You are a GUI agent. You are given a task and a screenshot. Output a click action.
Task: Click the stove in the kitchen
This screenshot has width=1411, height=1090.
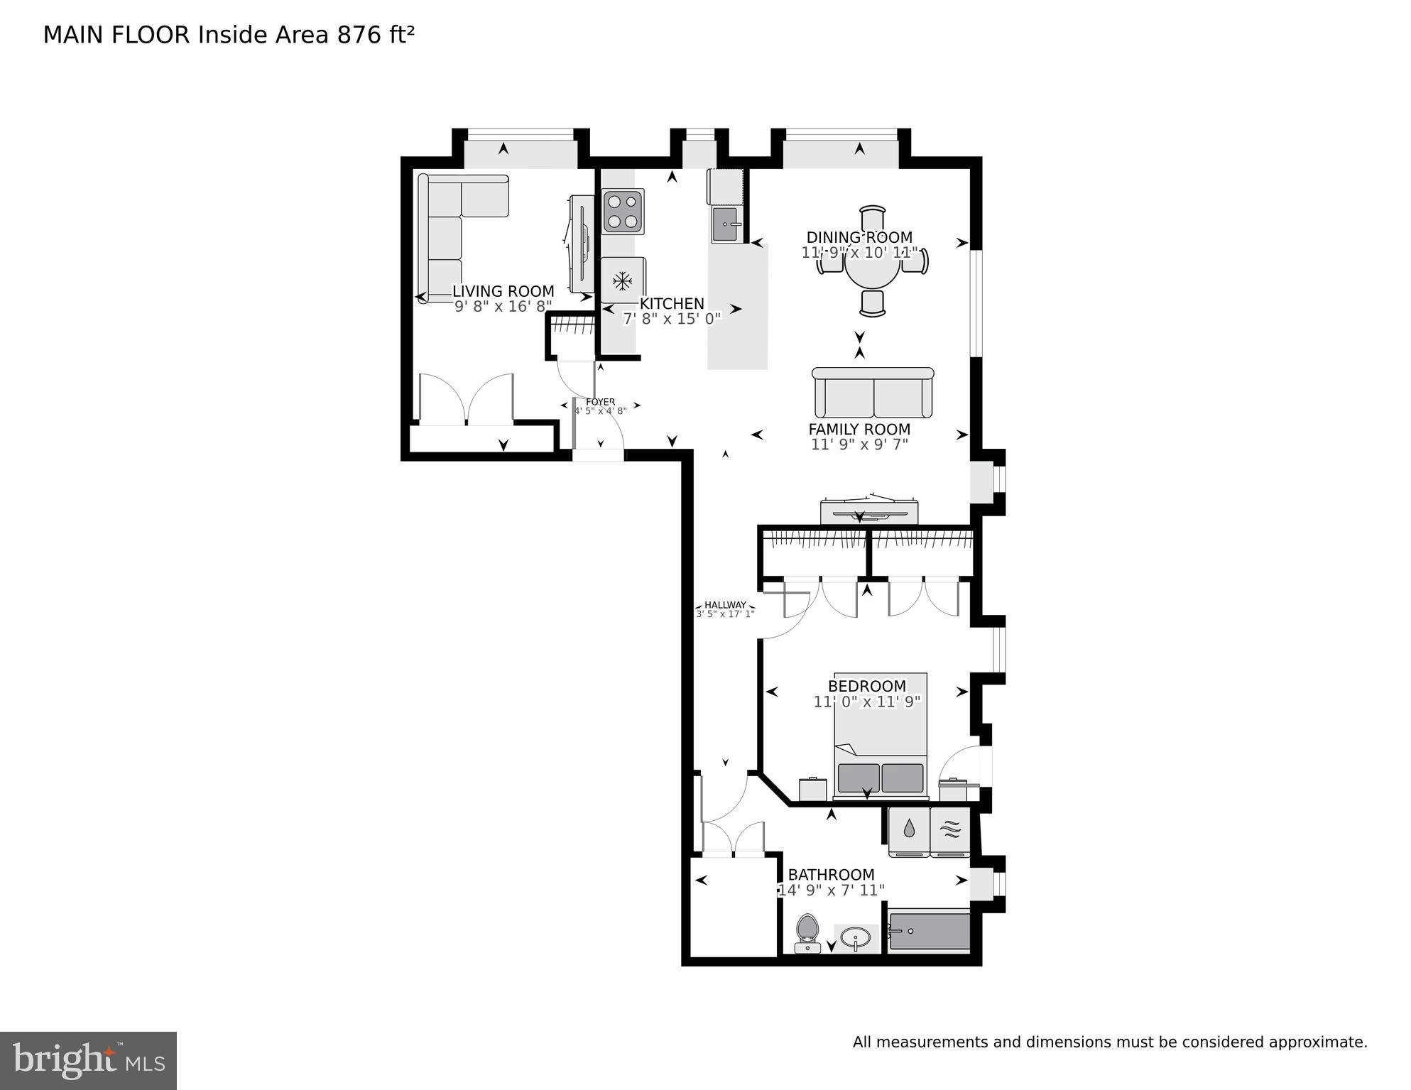pos(623,211)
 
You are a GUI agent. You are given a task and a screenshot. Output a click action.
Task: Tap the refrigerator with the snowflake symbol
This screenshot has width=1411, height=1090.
pos(623,280)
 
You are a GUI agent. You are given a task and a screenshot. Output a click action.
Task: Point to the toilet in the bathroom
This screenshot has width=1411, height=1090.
pos(807,932)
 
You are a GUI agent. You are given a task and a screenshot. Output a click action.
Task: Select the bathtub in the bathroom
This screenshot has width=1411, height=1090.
pos(929,931)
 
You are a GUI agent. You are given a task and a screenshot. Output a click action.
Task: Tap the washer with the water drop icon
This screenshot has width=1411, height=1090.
pos(909,830)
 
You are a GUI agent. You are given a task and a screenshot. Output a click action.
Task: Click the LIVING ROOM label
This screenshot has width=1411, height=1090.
pos(503,291)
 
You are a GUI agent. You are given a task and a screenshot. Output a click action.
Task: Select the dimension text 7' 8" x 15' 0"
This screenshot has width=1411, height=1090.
pos(672,319)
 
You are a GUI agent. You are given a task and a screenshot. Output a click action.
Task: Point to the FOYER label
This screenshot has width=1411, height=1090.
pos(600,402)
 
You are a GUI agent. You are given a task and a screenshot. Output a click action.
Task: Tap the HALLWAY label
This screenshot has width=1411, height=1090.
pos(725,605)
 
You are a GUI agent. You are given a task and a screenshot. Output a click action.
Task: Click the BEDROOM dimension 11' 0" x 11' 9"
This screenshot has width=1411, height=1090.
pos(866,702)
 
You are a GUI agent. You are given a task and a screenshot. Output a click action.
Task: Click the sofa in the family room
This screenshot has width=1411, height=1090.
pos(872,395)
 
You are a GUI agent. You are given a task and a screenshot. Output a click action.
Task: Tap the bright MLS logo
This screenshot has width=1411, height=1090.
pos(88,1061)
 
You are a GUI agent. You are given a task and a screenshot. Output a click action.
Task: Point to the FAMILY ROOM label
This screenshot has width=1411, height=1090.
pos(859,429)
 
